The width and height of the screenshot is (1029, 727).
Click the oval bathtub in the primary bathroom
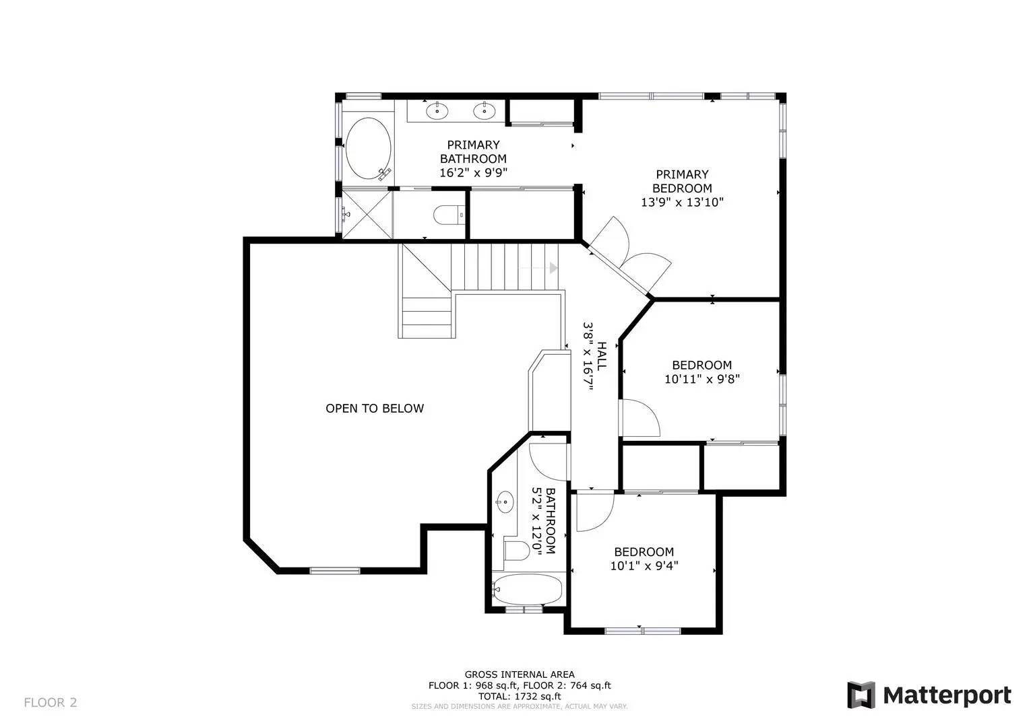pyautogui.click(x=369, y=148)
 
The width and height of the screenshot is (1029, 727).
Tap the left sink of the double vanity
pyautogui.click(x=437, y=110)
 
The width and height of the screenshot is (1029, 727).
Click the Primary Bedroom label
pyautogui.click(x=682, y=181)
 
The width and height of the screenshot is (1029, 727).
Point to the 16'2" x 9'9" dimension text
pyautogui.click(x=473, y=173)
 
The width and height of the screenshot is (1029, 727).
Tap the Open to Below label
pyautogui.click(x=375, y=409)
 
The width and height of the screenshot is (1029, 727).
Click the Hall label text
pyautogui.click(x=601, y=355)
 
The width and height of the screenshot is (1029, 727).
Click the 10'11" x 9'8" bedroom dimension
pyautogui.click(x=702, y=380)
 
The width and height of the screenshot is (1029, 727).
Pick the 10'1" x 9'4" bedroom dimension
pyautogui.click(x=644, y=566)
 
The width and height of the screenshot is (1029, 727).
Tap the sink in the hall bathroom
pyautogui.click(x=505, y=502)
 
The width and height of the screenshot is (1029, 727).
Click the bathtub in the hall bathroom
pyautogui.click(x=528, y=590)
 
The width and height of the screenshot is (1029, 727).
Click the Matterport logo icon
pyautogui.click(x=860, y=695)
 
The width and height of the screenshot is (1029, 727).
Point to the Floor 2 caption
pyautogui.click(x=51, y=703)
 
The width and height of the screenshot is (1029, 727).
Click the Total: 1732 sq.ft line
pyautogui.click(x=520, y=696)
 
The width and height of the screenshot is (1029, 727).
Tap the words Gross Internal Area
pyautogui.click(x=520, y=674)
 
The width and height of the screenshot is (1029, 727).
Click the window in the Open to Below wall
pyautogui.click(x=335, y=571)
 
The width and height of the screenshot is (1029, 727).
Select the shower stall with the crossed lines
pyautogui.click(x=367, y=214)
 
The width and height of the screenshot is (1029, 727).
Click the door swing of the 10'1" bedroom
pyautogui.click(x=595, y=512)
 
